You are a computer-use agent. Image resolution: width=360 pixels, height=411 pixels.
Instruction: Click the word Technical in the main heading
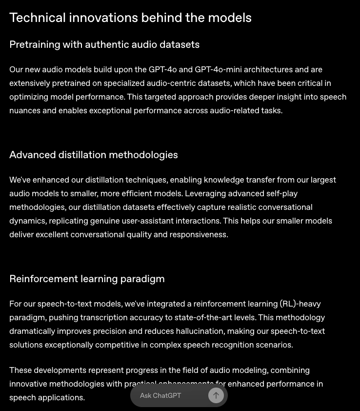tap(37, 18)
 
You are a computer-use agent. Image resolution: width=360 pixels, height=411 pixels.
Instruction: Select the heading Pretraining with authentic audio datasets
tap(104, 44)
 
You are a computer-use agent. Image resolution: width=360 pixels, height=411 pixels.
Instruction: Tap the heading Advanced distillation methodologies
tap(93, 155)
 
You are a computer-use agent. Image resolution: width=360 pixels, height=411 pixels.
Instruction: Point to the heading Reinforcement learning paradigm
tap(87, 279)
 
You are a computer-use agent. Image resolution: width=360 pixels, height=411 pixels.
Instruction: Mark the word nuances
tap(25, 110)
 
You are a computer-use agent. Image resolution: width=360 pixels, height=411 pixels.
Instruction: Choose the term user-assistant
tap(149, 221)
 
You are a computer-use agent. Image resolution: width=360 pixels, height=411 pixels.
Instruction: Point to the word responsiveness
tap(198, 234)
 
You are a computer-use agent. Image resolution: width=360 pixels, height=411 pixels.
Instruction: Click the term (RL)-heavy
tap(300, 304)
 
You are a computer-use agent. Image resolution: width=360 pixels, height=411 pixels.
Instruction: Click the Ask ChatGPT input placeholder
tap(160, 395)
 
